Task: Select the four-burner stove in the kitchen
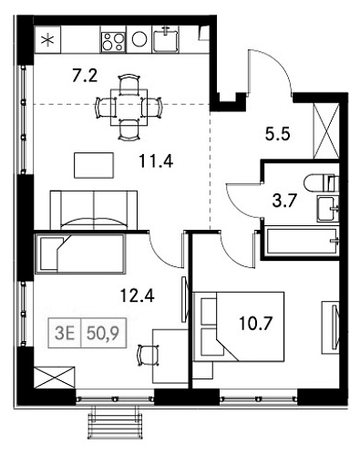[113, 41]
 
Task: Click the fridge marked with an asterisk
[48, 41]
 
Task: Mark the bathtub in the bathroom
[302, 241]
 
